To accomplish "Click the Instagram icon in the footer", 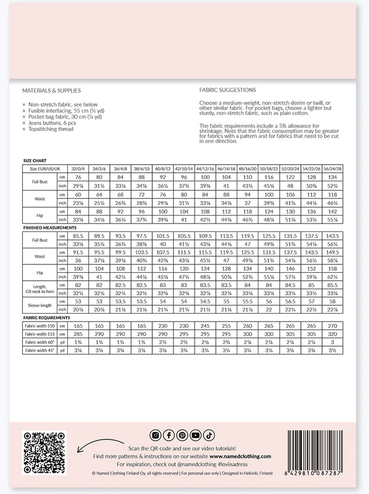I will (x=155, y=435).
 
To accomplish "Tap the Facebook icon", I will (x=168, y=435).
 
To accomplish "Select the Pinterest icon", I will (x=181, y=435).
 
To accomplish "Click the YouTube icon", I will (x=195, y=435).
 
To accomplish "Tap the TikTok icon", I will (x=209, y=435).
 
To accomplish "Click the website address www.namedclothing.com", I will (x=241, y=456).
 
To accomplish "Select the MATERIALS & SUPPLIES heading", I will (x=51, y=90).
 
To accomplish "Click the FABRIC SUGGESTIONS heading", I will (x=227, y=90).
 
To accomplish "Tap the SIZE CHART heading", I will (x=35, y=162).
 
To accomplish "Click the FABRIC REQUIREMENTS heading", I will (x=47, y=317).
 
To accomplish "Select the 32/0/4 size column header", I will (x=78, y=169).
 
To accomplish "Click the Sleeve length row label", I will (x=40, y=305).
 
